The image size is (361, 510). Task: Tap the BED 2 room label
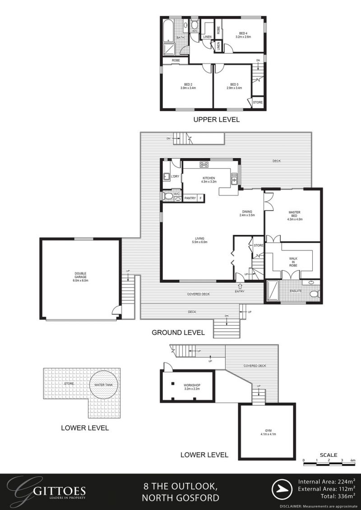point(188,86)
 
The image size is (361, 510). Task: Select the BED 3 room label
point(234,86)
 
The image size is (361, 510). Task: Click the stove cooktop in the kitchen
point(204,164)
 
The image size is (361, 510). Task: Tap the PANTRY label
point(190,198)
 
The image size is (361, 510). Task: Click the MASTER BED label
point(294,216)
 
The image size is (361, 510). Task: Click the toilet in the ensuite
point(314,294)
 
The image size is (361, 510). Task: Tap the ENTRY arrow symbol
point(239,285)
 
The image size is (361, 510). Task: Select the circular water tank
point(104,385)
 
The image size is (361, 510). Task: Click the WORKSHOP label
point(192,386)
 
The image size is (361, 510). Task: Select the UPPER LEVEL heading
point(216,120)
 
